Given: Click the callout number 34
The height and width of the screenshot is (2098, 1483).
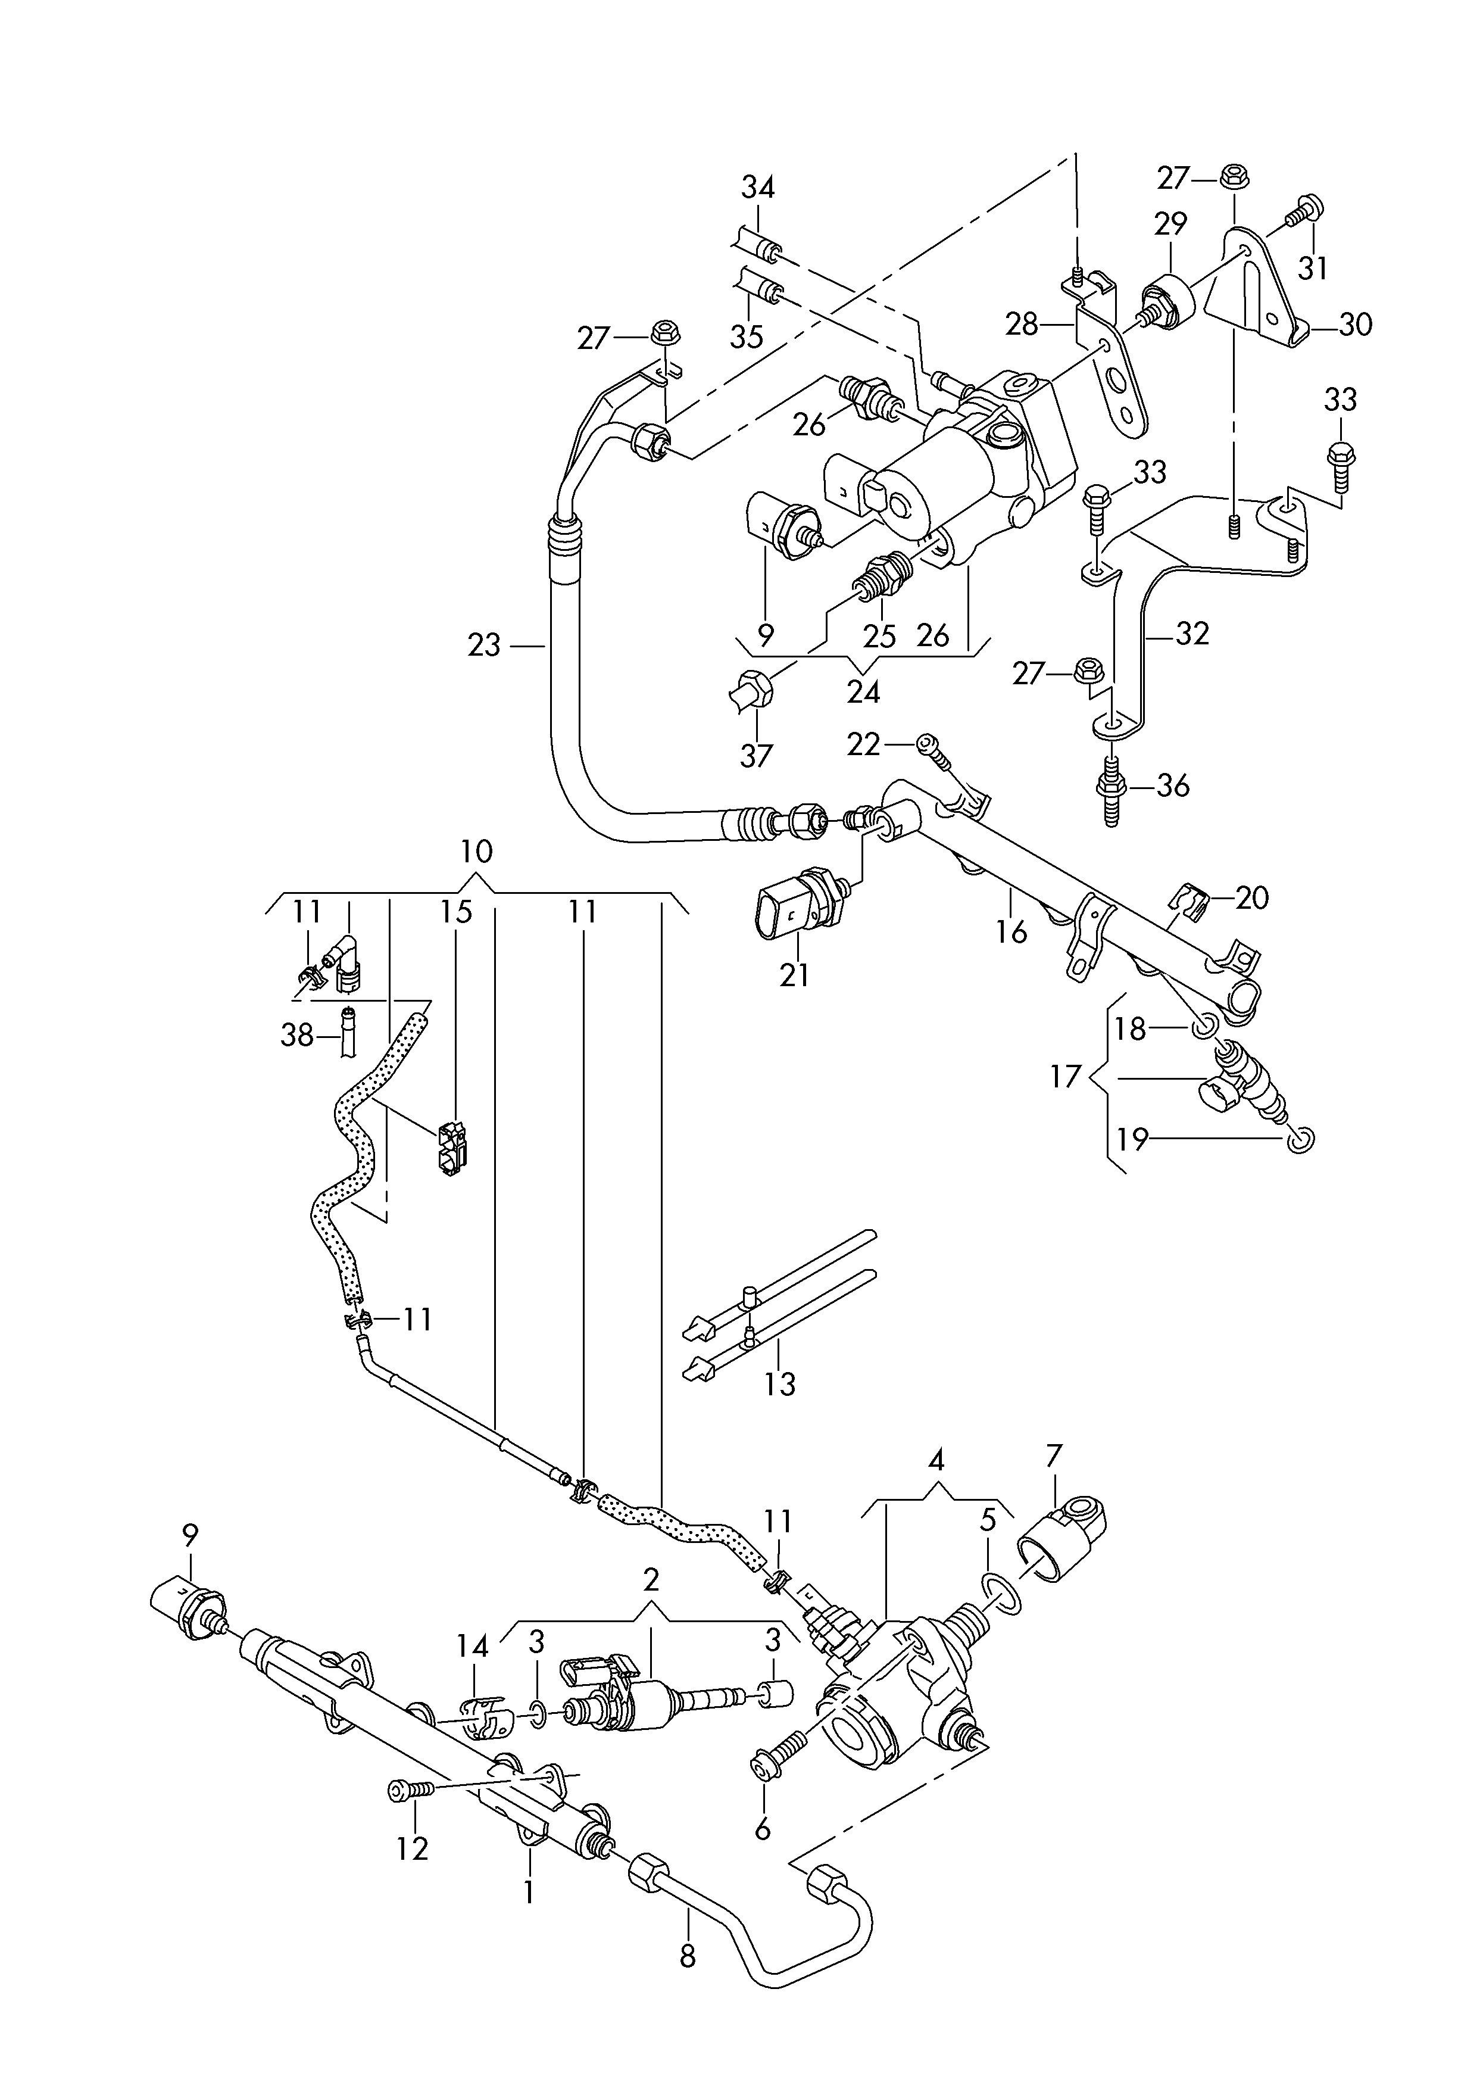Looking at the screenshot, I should tap(757, 188).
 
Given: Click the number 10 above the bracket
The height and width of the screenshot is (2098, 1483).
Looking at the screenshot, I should tap(476, 852).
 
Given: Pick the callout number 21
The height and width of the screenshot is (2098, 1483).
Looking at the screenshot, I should tap(794, 975).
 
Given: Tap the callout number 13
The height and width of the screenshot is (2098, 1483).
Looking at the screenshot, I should tap(779, 1385).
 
